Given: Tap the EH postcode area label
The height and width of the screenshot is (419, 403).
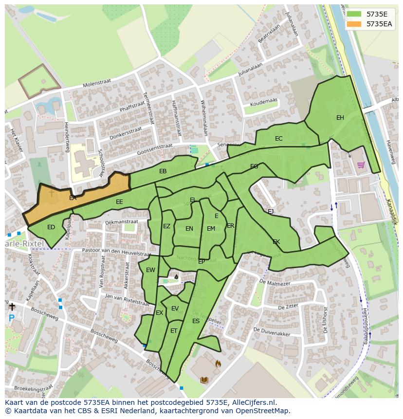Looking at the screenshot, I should tap(340, 118).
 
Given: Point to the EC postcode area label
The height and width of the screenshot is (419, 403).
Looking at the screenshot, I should tap(278, 139).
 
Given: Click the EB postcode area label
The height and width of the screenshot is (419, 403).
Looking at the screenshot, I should tap(163, 171).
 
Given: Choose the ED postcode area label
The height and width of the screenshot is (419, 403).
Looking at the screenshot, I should tap(51, 227).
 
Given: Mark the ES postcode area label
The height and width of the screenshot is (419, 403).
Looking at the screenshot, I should tap(196, 321).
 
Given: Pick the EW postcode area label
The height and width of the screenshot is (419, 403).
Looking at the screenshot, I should tap(150, 270).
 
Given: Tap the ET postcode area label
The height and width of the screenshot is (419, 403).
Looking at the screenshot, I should tap(174, 331).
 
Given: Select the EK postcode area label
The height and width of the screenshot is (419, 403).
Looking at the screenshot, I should tap(276, 242).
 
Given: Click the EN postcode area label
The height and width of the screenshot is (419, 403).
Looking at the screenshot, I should tap(189, 229).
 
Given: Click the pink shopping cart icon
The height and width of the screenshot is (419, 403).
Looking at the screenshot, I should tap(361, 165).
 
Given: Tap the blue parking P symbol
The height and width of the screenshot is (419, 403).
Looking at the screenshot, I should tap(11, 318).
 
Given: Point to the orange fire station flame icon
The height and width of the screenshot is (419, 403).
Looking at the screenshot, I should tap(218, 363).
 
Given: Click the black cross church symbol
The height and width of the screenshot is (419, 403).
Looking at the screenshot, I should tap(12, 307).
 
